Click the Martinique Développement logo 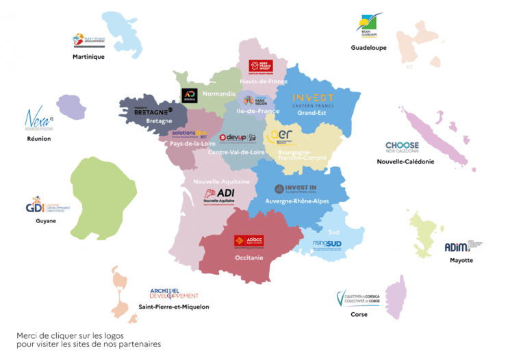(89, 42)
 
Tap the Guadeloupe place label (368, 48)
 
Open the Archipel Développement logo (174, 293)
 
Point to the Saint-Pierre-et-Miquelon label (174, 307)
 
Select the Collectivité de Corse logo (359, 300)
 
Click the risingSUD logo (327, 244)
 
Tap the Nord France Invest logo (260, 66)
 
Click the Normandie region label (219, 93)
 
